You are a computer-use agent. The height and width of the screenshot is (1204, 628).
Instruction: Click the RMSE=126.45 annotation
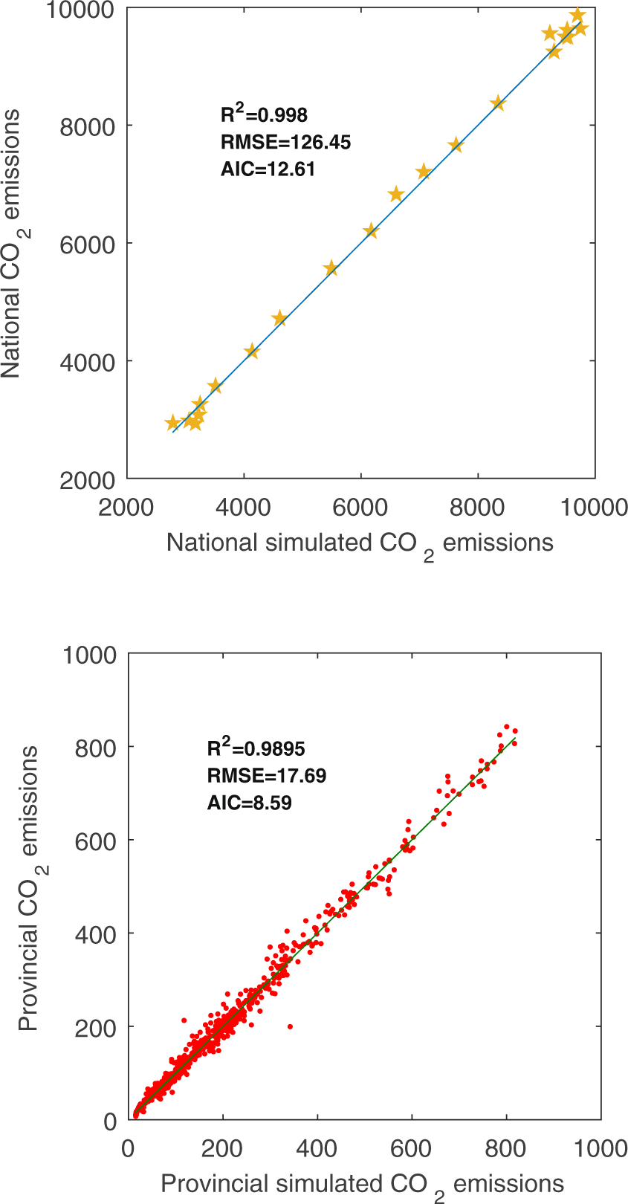click(x=285, y=142)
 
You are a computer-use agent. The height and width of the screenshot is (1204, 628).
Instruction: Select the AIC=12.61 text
click(x=268, y=169)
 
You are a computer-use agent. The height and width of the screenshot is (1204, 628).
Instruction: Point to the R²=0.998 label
click(x=264, y=114)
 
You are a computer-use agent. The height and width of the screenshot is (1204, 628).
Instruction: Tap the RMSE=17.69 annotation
click(x=266, y=776)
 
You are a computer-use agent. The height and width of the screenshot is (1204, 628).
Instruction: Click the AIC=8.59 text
click(x=249, y=803)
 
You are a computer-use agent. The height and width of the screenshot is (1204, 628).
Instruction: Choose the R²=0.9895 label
click(x=256, y=748)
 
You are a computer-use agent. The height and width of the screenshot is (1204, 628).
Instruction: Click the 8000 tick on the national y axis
click(x=87, y=126)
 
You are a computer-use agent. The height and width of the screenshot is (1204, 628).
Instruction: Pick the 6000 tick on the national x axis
click(x=360, y=508)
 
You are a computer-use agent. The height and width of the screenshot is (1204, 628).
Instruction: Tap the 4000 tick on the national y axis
click(x=87, y=362)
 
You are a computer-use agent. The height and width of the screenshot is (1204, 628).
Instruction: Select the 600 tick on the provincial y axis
click(x=96, y=841)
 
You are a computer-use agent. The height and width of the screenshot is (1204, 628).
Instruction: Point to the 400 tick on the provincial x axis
click(x=317, y=1148)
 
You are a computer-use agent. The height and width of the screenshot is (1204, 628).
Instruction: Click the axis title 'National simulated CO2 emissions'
click(x=360, y=543)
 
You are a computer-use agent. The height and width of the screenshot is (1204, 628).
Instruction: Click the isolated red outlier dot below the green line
click(x=290, y=1026)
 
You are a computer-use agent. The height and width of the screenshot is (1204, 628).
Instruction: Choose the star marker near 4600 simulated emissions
click(x=279, y=318)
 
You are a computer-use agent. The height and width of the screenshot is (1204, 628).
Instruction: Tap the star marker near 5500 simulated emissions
click(x=331, y=268)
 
